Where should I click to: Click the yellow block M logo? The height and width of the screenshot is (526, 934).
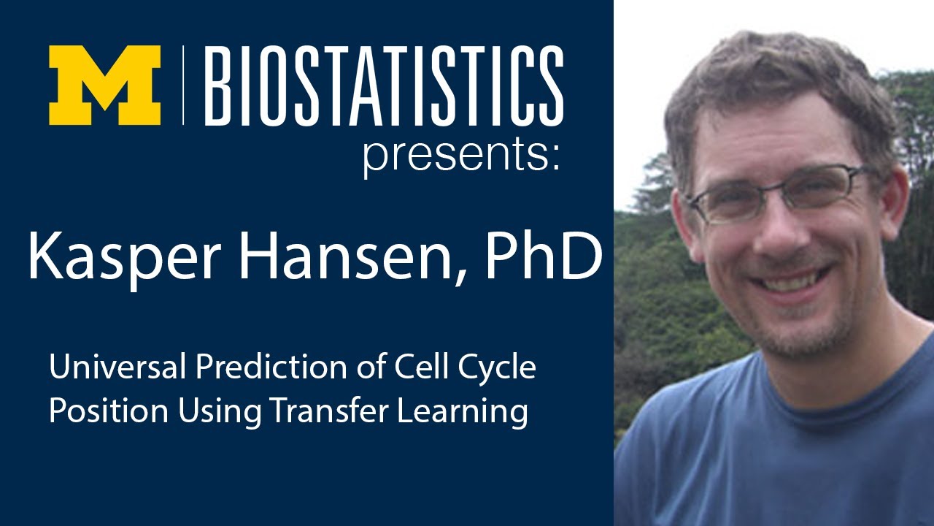pyautogui.click(x=104, y=85)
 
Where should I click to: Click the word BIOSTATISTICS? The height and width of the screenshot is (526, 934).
pyautogui.click(x=385, y=85)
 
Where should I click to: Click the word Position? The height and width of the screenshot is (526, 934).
pyautogui.click(x=96, y=411)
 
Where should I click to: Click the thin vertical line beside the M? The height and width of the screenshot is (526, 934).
pyautogui.click(x=183, y=85)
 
